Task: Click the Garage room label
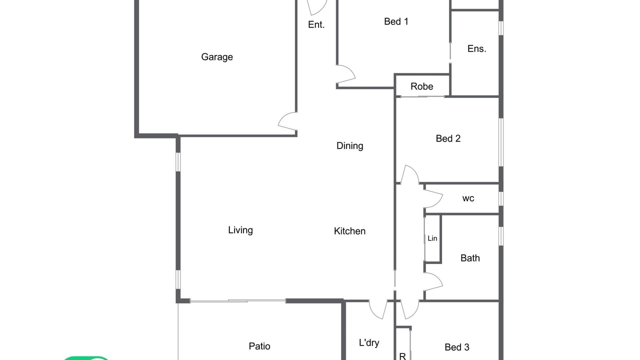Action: point(217,57)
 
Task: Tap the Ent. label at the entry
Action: point(316,25)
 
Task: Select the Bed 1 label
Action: point(396,21)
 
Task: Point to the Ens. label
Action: point(477,49)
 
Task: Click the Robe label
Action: point(421,86)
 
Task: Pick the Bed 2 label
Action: point(448,138)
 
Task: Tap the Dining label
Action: point(349,146)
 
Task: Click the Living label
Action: point(240,230)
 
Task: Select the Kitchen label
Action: point(349,231)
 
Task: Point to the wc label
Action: point(468,198)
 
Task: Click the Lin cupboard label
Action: point(432,238)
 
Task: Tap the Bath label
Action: point(470,258)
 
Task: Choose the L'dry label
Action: point(369,342)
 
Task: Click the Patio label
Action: point(259,346)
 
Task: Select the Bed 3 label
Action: point(457,347)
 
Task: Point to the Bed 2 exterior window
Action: point(501,142)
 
